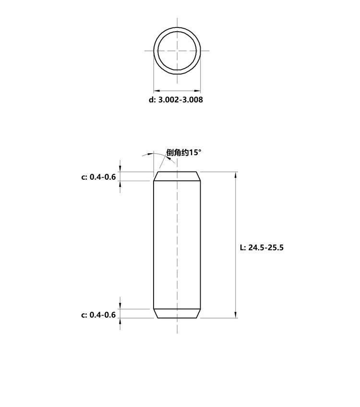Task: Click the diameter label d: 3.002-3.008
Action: coord(176,99)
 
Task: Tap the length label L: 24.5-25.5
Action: coord(262,247)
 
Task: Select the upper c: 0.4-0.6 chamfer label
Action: coord(98,177)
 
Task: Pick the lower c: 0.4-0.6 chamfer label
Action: coord(98,315)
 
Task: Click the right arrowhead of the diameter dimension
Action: coord(197,91)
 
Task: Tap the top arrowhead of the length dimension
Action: coord(236,175)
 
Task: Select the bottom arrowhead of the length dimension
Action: coord(236,315)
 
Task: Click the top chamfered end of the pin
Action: coord(177,176)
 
